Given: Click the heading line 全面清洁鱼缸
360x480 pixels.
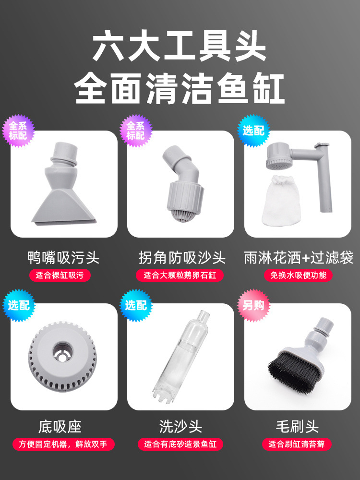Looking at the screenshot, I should click(x=180, y=89).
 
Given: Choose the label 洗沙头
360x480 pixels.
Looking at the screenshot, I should click(x=180, y=426).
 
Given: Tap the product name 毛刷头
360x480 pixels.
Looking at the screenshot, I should click(x=297, y=426).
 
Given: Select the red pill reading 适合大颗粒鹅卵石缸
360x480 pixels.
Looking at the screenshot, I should click(x=180, y=276).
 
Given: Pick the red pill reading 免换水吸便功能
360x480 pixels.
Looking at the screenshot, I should click(x=298, y=276).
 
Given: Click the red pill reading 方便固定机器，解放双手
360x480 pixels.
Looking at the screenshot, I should click(x=63, y=444).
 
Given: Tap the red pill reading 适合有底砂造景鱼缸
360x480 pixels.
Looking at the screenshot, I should click(x=180, y=444).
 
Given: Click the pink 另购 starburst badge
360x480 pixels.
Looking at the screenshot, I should click(x=253, y=305).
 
